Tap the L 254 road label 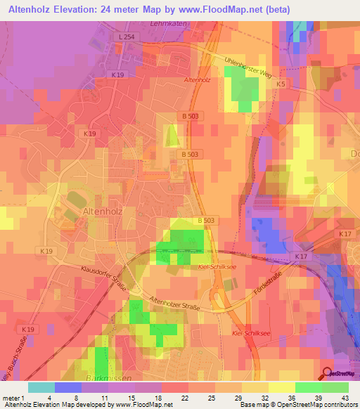coord(126,37)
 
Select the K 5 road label coord(281,84)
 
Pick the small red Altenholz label coord(197,81)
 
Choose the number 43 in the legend coord(343,398)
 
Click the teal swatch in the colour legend coord(41,387)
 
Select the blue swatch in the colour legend coord(68,387)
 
